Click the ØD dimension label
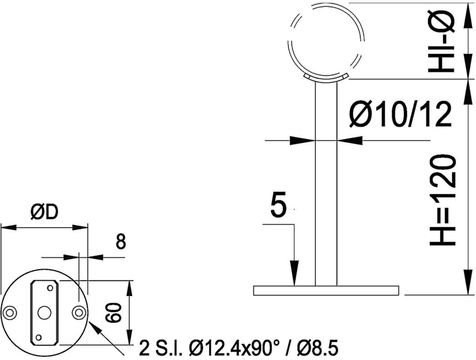click(x=44, y=213)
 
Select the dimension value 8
click(x=120, y=242)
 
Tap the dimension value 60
click(x=114, y=313)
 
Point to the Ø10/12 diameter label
click(x=400, y=114)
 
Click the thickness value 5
click(x=278, y=205)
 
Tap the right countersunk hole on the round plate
click(x=79, y=312)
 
